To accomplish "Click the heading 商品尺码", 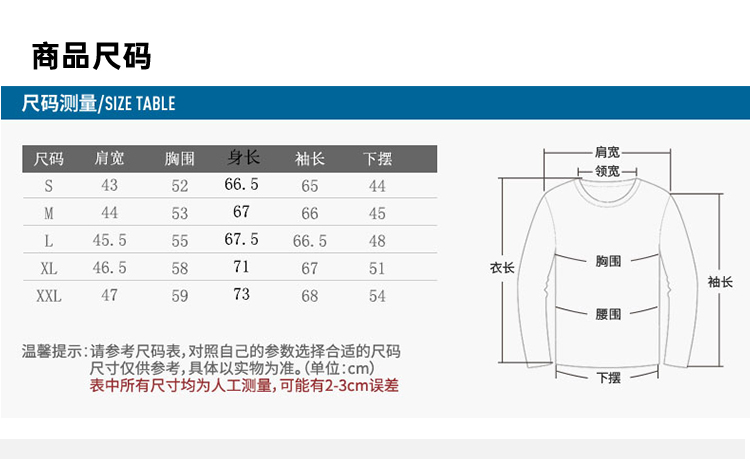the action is [x=91, y=56].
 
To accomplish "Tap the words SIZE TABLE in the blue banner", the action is [x=139, y=103].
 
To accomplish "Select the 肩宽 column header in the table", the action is [x=109, y=159].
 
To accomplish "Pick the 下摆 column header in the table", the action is [x=377, y=159].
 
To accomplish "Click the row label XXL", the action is [x=48, y=296].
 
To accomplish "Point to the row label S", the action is [x=48, y=186].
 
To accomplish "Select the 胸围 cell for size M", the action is [x=179, y=214].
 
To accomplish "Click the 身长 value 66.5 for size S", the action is [x=242, y=185].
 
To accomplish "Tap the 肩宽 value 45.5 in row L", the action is [x=109, y=241].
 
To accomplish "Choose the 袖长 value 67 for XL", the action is [x=309, y=269].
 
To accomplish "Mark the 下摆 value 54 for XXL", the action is [x=377, y=296].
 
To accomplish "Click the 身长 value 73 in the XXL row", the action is [x=242, y=295].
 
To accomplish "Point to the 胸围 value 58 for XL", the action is [x=179, y=269].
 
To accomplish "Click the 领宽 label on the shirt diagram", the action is [x=607, y=171].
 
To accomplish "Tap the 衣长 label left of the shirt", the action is [x=501, y=268].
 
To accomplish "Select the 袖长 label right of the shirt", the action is [x=720, y=282].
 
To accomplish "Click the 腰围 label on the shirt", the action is [x=608, y=314].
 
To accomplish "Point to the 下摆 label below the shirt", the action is [x=608, y=377].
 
